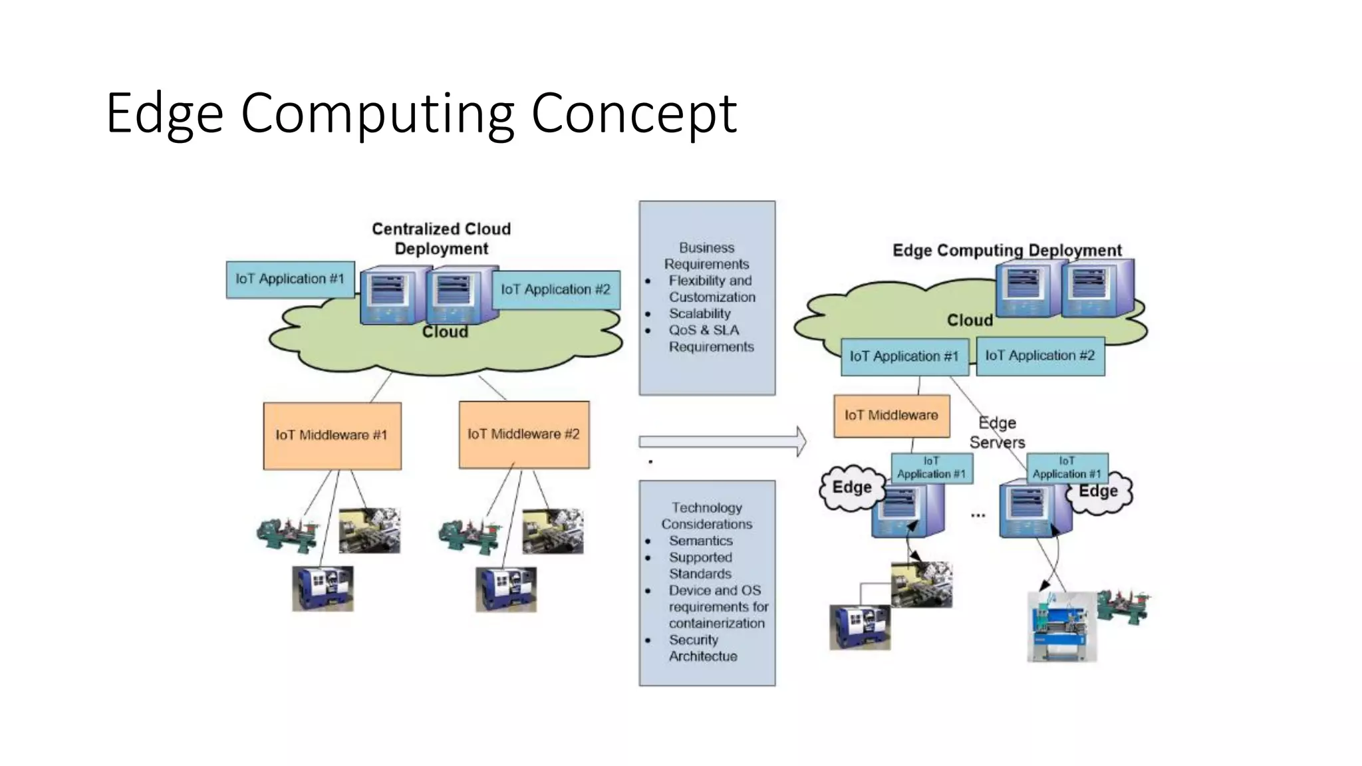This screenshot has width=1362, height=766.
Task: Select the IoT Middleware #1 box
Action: point(332,436)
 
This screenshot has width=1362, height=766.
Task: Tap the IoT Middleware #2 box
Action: point(523,434)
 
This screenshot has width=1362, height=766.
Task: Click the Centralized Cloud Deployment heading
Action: point(441,239)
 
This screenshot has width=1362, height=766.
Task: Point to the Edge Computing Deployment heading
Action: point(1006,251)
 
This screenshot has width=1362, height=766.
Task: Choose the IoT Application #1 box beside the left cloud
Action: point(290,279)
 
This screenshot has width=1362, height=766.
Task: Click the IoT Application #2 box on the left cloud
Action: point(555,289)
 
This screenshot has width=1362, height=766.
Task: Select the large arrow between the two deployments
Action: point(722,442)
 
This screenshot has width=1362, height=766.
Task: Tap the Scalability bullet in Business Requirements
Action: point(699,314)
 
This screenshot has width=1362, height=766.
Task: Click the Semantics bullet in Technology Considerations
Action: point(700,541)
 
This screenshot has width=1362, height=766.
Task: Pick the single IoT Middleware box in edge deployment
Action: point(891,416)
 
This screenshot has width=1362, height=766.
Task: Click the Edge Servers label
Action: point(997,433)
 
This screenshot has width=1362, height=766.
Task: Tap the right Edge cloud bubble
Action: point(1099,492)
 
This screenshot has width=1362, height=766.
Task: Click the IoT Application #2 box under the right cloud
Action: point(1039,356)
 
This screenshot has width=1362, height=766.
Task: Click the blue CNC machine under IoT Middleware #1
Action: point(323,588)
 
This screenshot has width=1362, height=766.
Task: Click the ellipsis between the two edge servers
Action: point(978,515)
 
